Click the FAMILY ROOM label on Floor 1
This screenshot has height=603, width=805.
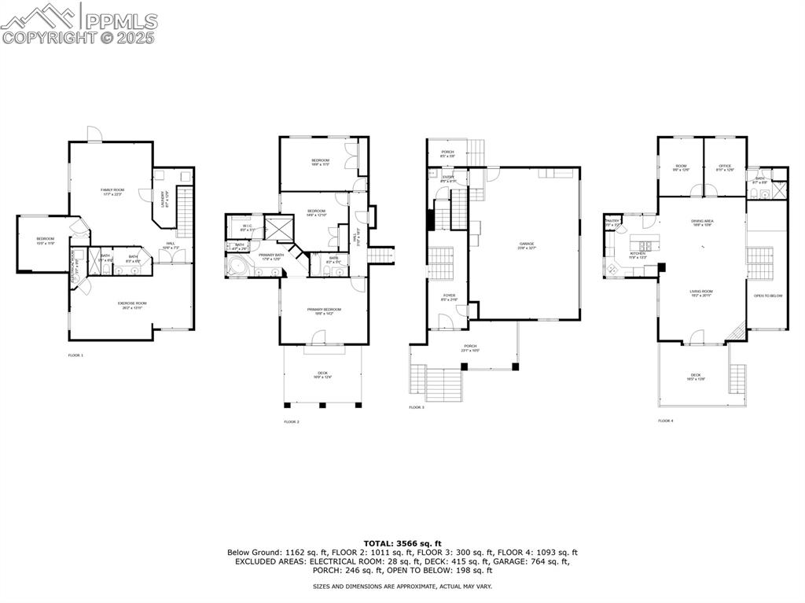pyautogui.click(x=112, y=191)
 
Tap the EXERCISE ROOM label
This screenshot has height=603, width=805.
pyautogui.click(x=134, y=304)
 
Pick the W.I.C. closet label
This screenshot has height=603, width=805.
pyautogui.click(x=246, y=228)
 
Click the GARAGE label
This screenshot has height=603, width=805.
pyautogui.click(x=527, y=245)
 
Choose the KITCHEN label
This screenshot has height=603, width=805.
pyautogui.click(x=638, y=254)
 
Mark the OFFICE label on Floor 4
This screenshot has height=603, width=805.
pyautogui.click(x=725, y=167)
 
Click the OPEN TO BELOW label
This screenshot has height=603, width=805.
pyautogui.click(x=767, y=296)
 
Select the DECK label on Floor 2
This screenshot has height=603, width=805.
pyautogui.click(x=322, y=374)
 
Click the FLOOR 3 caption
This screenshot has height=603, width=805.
pyautogui.click(x=417, y=407)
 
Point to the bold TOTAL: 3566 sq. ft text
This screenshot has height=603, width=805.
pyautogui.click(x=402, y=543)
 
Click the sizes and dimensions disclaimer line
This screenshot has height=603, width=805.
pyautogui.click(x=402, y=586)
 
